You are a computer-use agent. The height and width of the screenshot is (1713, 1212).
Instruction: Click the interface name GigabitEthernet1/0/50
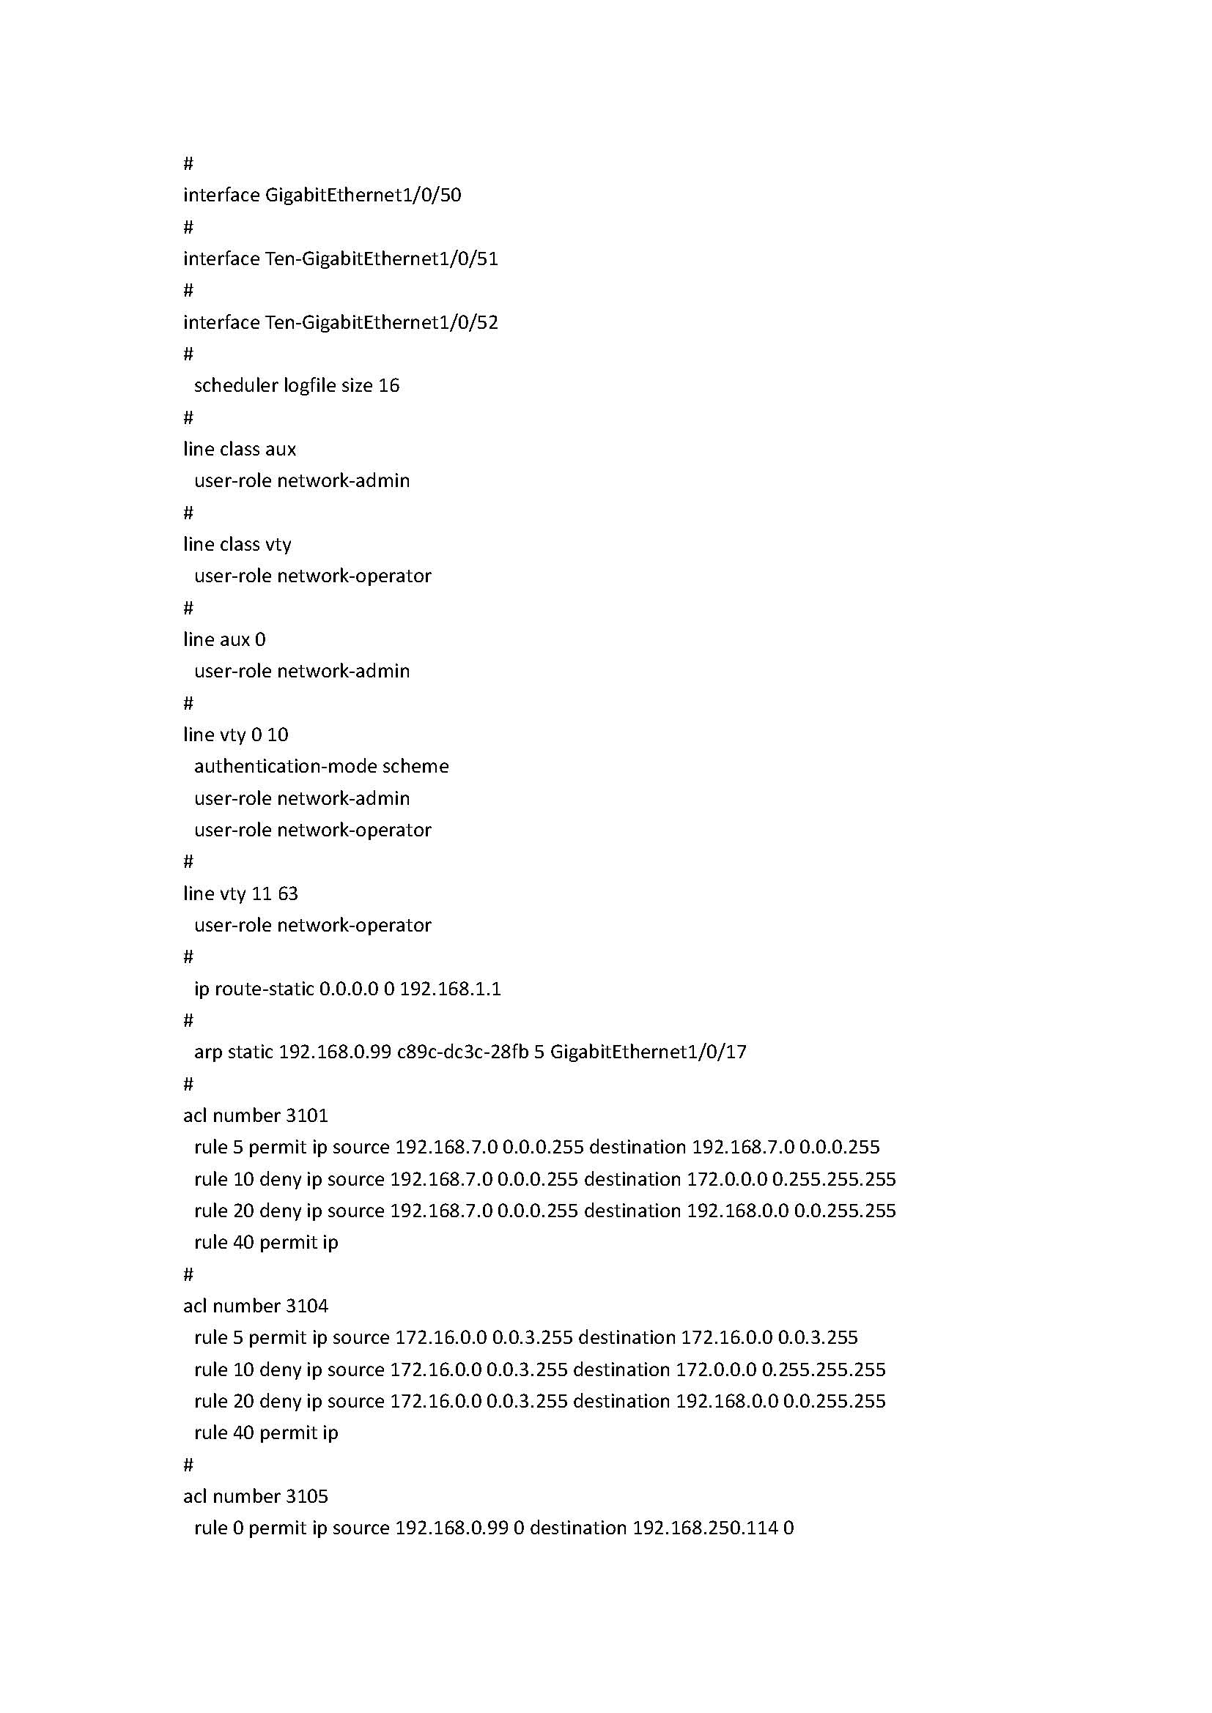click(363, 196)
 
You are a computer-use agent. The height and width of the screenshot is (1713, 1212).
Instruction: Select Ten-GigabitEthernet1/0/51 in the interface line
click(381, 259)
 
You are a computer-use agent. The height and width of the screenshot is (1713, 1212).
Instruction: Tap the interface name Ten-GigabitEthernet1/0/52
click(381, 322)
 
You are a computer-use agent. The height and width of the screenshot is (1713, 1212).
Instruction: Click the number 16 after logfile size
click(389, 386)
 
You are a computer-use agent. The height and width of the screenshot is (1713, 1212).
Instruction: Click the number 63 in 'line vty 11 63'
click(287, 893)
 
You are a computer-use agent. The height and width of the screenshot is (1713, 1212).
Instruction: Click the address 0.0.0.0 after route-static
click(349, 989)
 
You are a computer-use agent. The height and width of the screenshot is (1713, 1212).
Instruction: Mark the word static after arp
click(250, 1052)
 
